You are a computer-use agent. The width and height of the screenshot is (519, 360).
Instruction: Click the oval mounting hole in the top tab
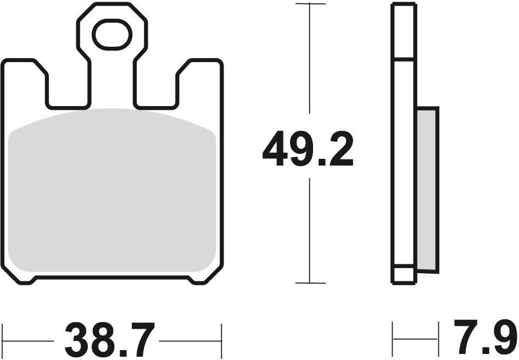point(112,35)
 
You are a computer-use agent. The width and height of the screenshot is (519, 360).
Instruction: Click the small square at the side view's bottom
point(404,274)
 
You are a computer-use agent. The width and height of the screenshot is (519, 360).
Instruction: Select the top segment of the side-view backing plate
point(404,31)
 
